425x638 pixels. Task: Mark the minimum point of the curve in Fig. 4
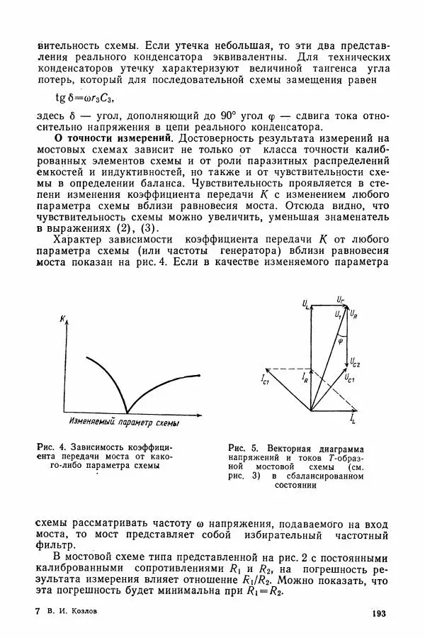(x=127, y=411)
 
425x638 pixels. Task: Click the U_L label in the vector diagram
(x=305, y=304)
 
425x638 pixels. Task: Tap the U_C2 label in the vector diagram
(x=354, y=362)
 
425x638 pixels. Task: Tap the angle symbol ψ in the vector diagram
(x=341, y=339)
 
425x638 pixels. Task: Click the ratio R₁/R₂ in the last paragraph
(x=257, y=559)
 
